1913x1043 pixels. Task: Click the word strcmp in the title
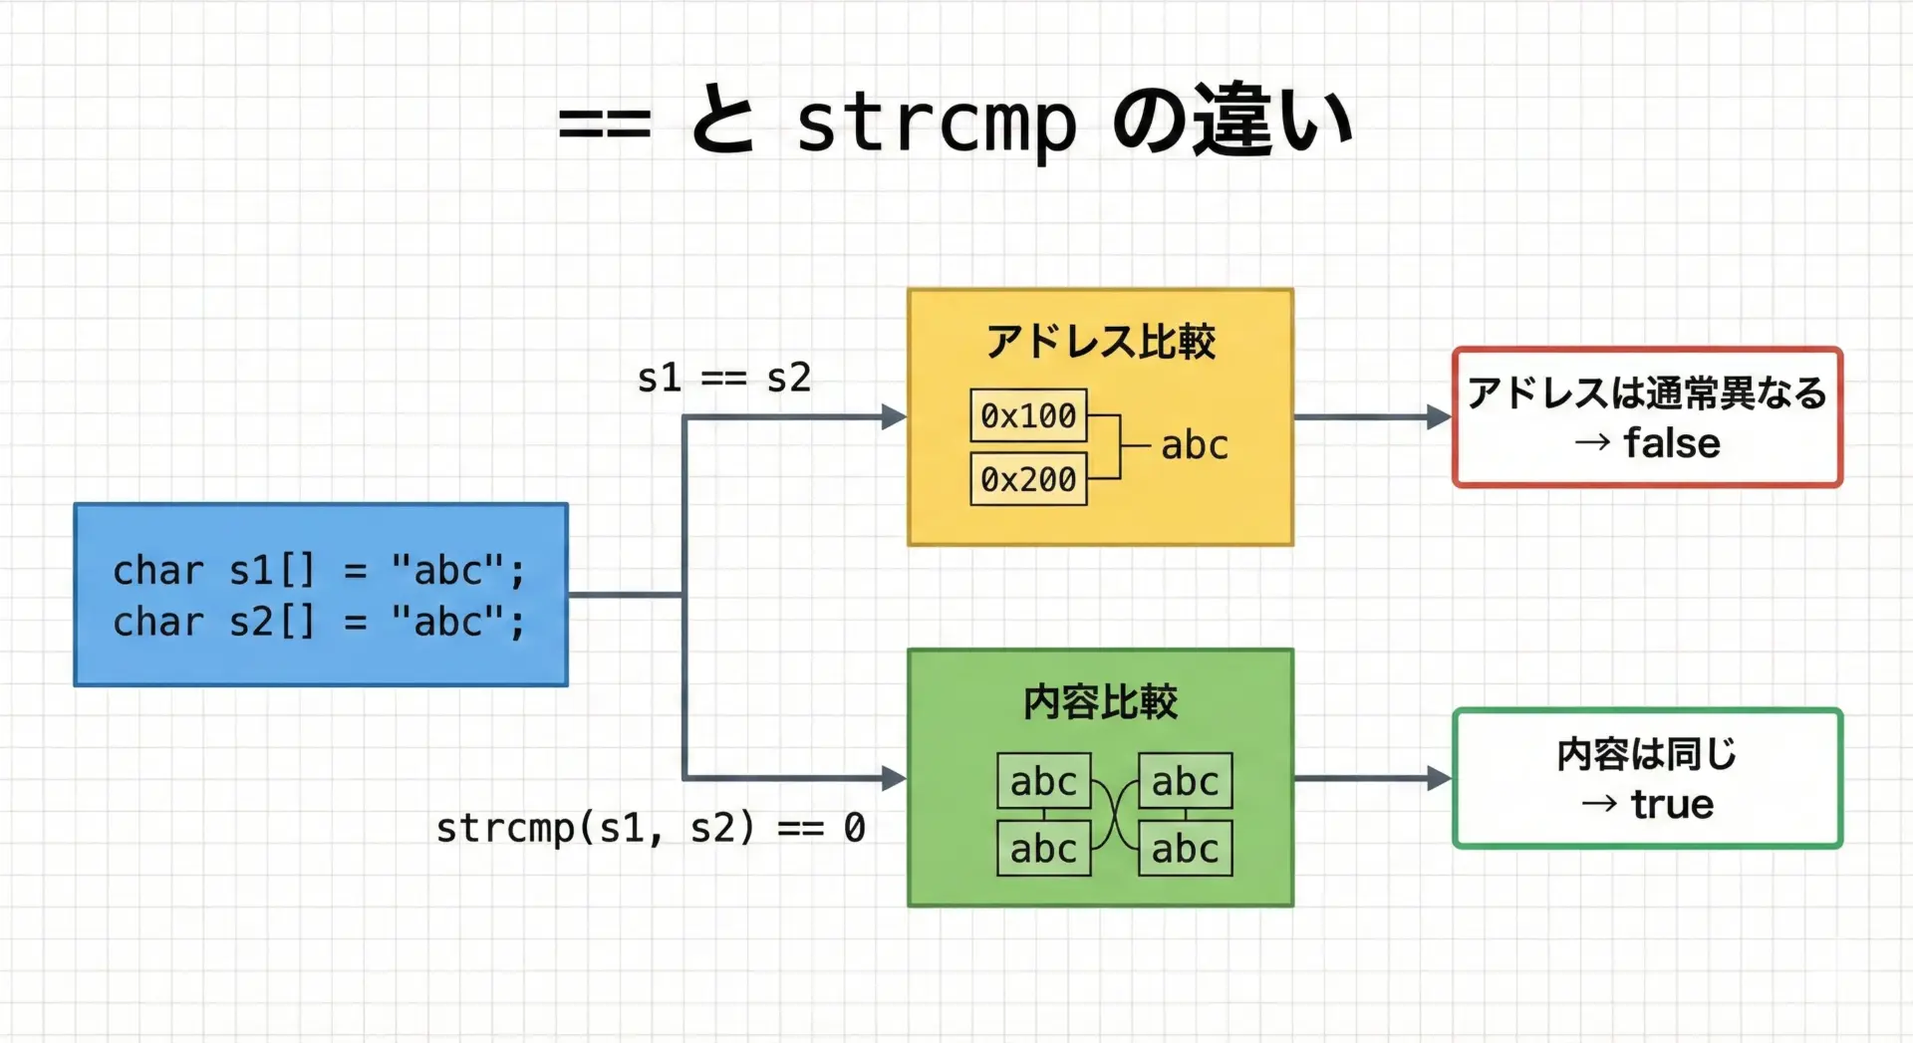pos(936,125)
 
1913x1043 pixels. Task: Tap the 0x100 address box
pos(1028,415)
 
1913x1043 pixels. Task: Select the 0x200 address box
pos(1028,479)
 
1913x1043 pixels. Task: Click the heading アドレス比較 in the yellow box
pos(1100,342)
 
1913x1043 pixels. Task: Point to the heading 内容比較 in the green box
pos(1100,702)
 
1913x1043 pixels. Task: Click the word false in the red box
pos(1672,443)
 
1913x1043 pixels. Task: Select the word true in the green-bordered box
pos(1672,804)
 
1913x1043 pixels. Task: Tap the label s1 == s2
pos(724,378)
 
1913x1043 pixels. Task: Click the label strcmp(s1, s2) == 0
pos(651,828)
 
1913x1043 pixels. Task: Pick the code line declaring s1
pos(319,571)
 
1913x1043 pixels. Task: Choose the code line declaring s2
pos(319,623)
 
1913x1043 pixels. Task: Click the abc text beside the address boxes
pos(1195,445)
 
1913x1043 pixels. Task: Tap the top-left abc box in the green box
pos(1043,781)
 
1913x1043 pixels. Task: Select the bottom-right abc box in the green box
pos(1185,849)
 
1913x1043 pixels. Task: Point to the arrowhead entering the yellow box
pos(894,417)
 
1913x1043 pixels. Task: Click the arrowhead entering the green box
pos(894,778)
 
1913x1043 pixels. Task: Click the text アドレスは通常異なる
pos(1647,392)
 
